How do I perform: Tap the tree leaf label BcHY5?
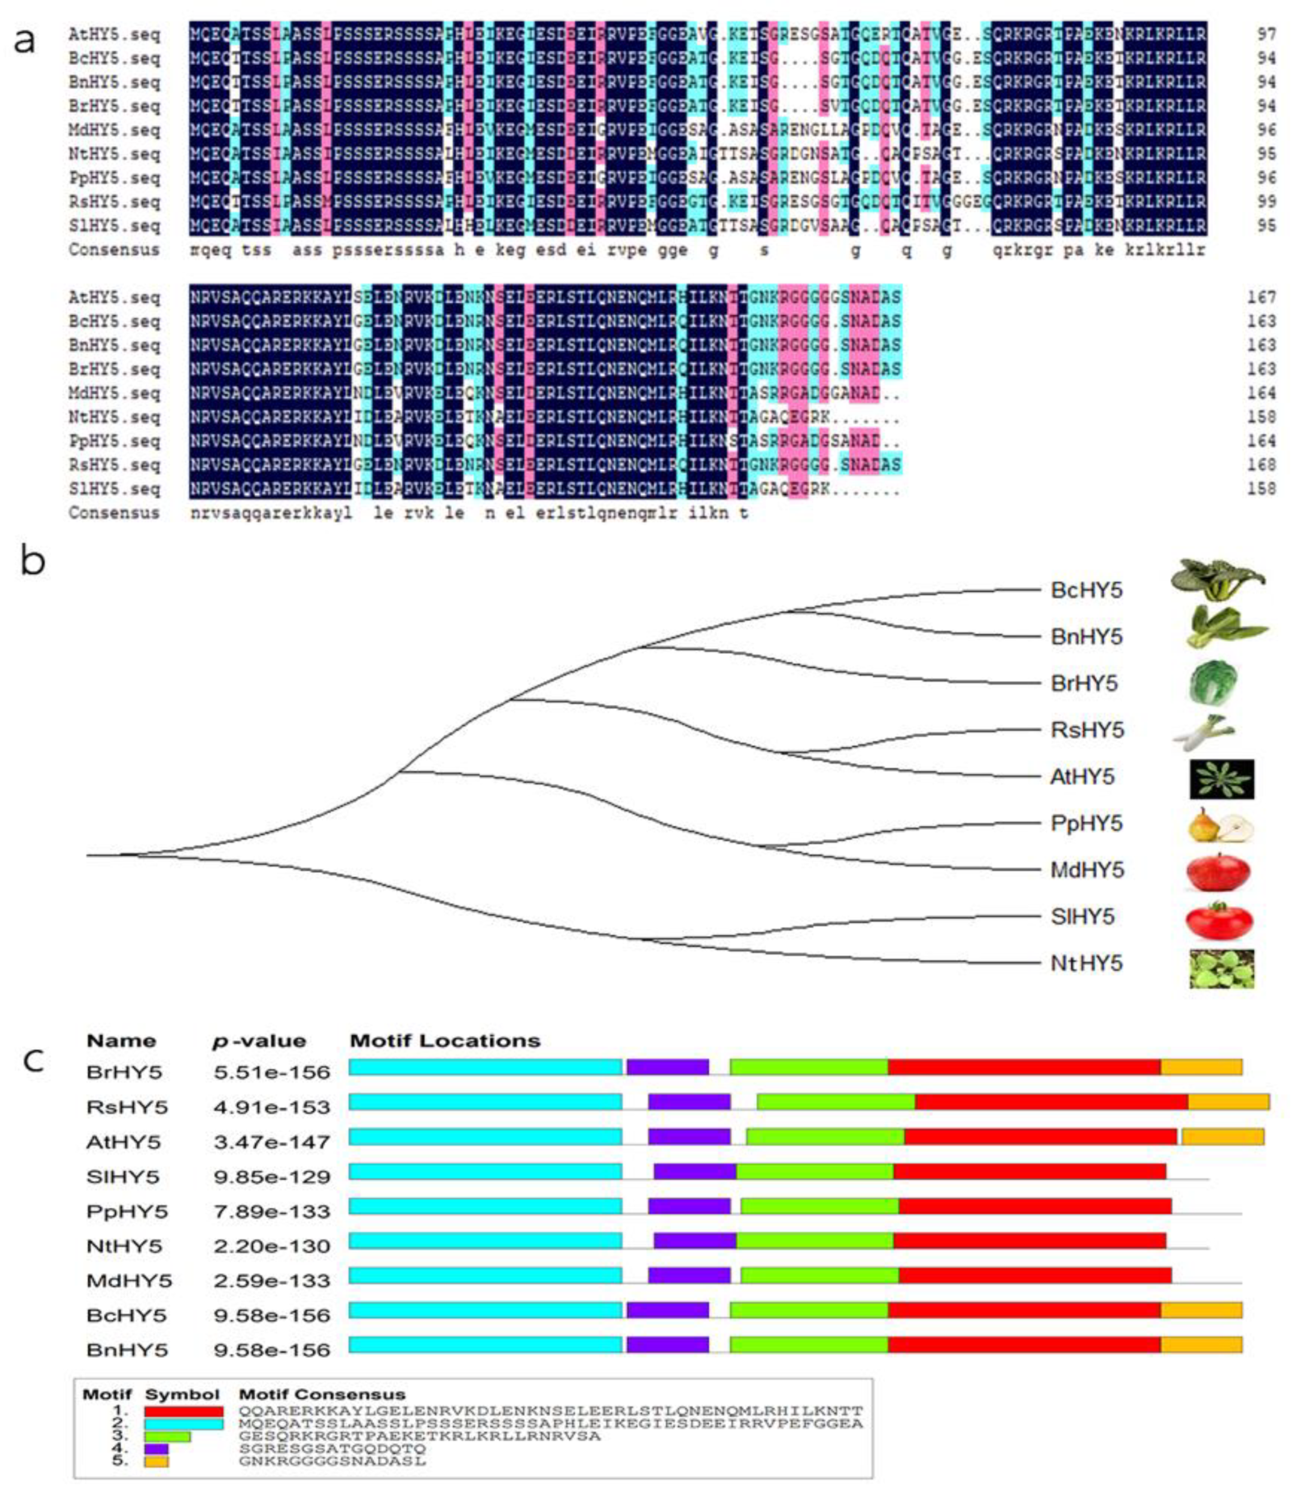[1086, 591]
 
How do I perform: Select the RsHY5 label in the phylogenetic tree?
[1087, 730]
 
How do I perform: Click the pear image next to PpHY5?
[1221, 825]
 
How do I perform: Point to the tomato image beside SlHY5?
[1219, 920]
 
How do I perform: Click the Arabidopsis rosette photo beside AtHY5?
[1221, 779]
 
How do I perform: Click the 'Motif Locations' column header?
[445, 1041]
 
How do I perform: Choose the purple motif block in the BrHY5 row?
[667, 1067]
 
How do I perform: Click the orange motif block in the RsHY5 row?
[1228, 1102]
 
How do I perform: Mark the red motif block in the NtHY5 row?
[1029, 1241]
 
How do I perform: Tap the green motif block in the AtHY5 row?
[825, 1137]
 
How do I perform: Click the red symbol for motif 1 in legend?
[184, 1412]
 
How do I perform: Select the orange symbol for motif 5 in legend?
[156, 1462]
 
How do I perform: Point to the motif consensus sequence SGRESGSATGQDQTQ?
[332, 1449]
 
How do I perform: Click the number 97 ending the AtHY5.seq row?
[1265, 34]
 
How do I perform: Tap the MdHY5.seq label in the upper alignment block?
[114, 130]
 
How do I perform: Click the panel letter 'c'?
[33, 1061]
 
